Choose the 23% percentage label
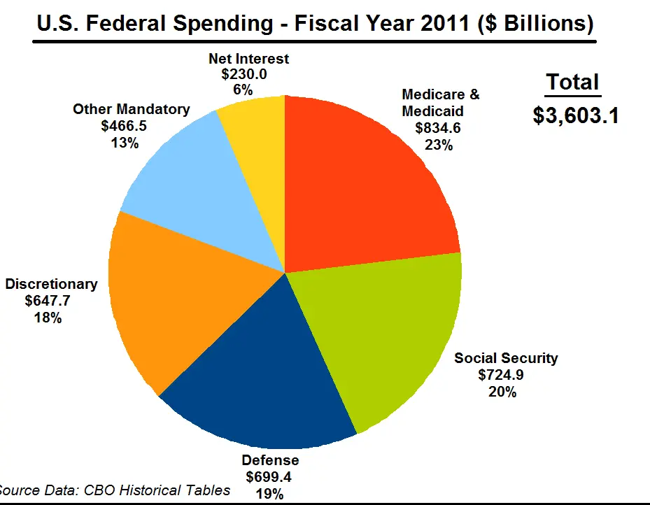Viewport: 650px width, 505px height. coord(439,145)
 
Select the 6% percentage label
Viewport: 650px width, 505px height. coord(243,90)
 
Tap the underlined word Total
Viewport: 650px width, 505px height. coord(573,82)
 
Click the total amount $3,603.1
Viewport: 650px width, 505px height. coord(575,115)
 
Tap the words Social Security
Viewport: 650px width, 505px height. coord(506,358)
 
